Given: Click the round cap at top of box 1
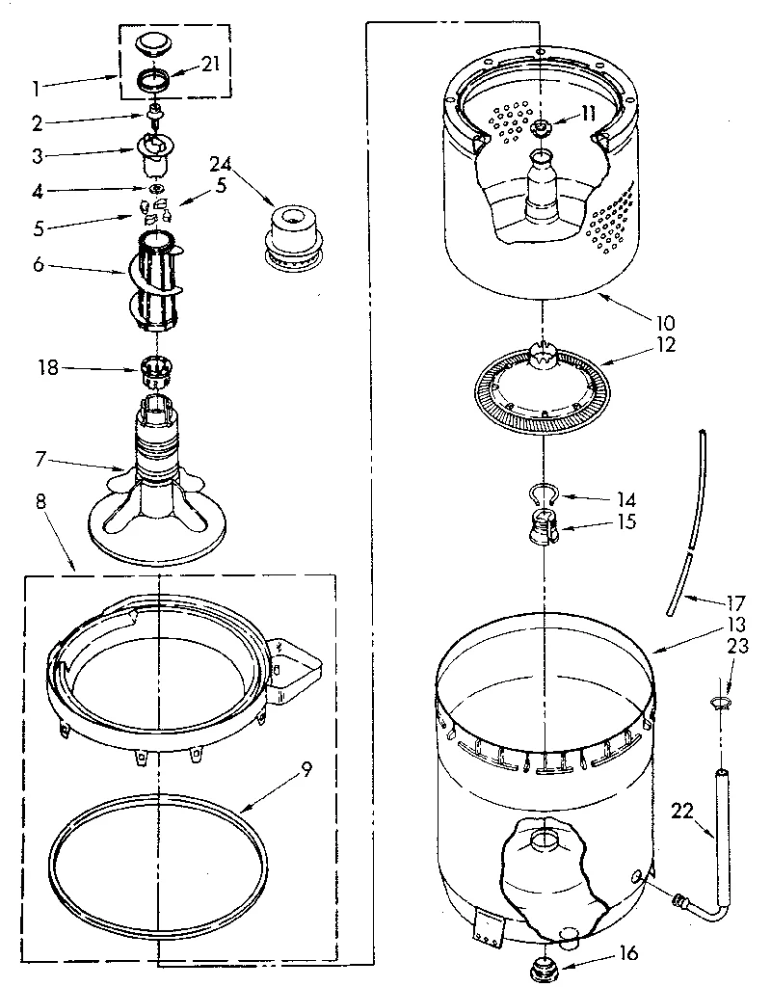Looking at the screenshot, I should click(x=152, y=41).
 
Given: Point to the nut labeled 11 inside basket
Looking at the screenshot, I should click(x=542, y=129).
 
